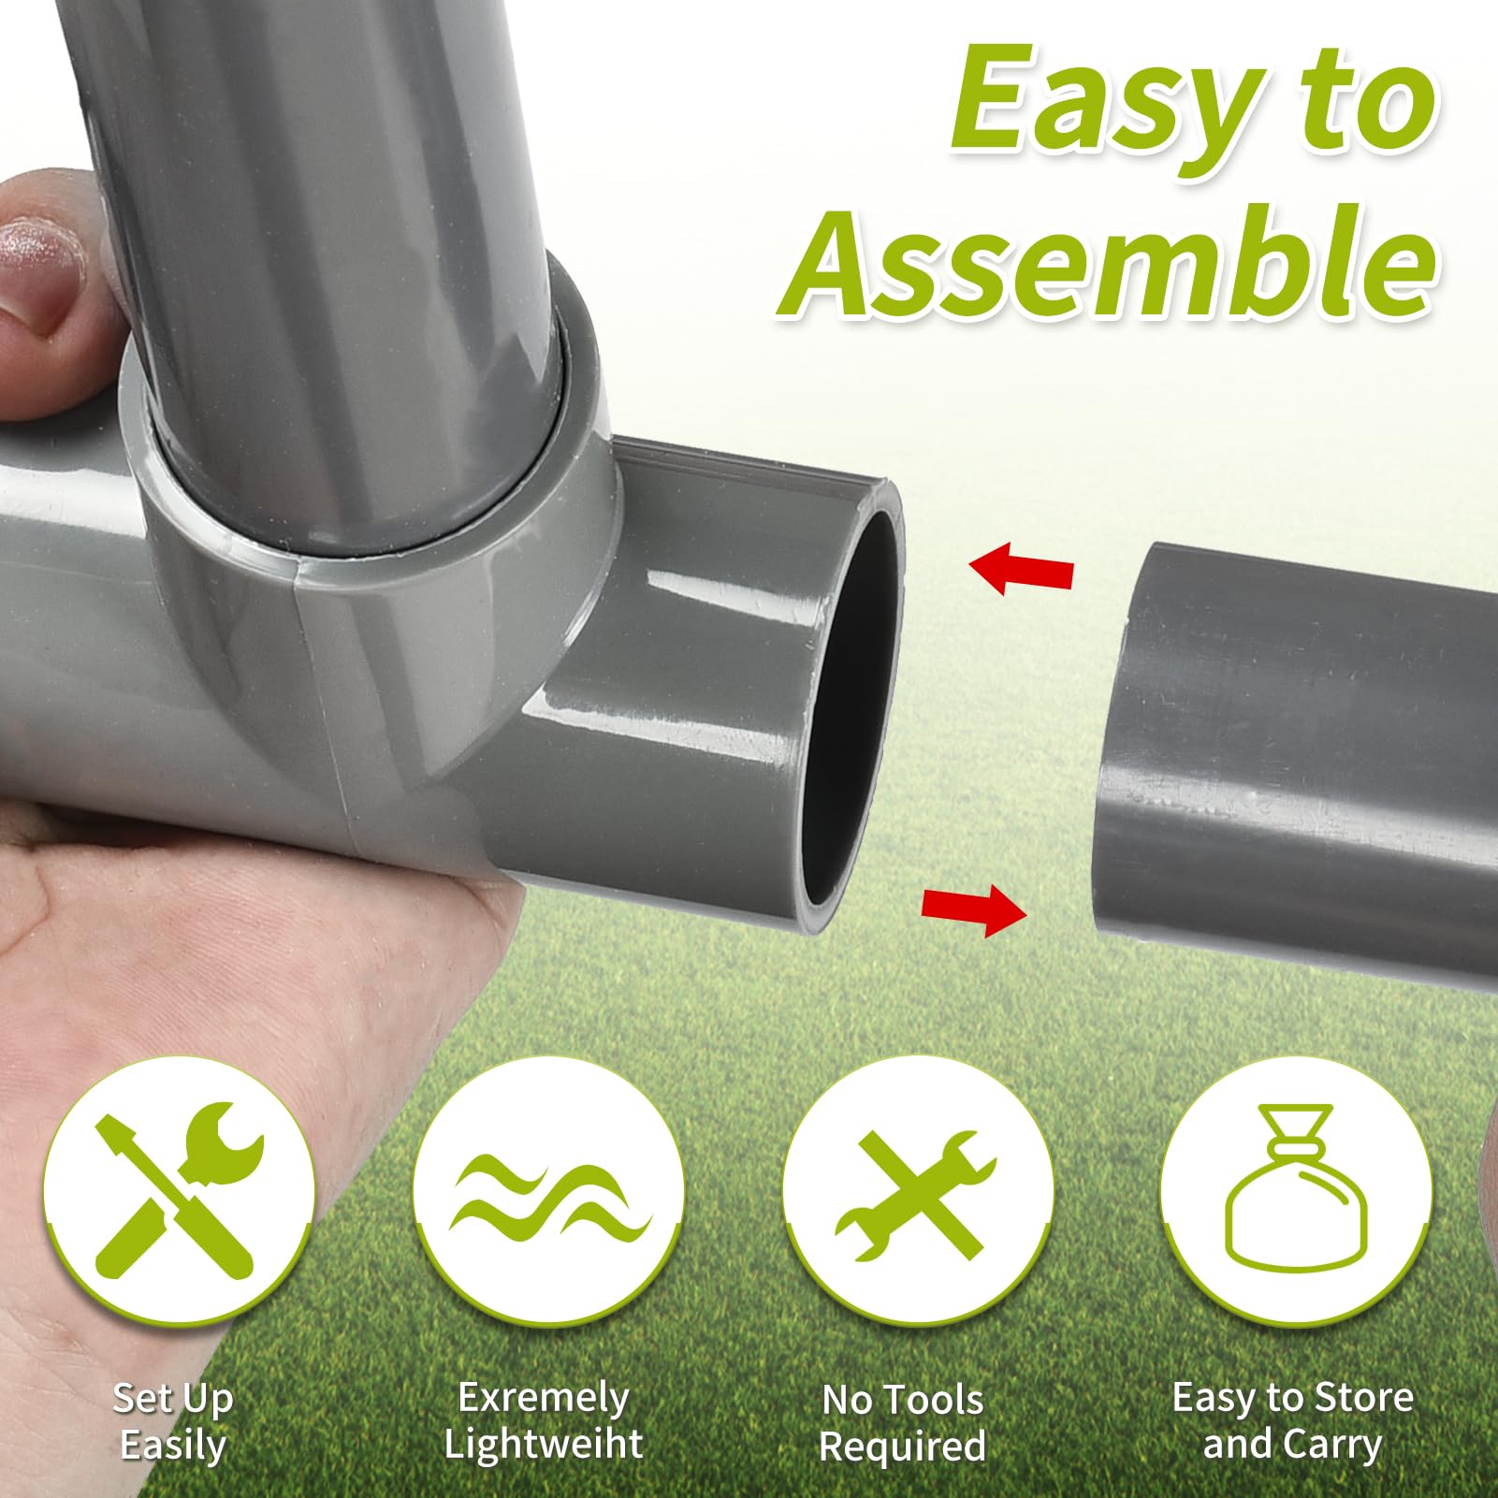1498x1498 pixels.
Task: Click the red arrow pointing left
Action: [1021, 569]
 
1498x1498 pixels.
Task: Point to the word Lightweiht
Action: [544, 1444]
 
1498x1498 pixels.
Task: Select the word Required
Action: [903, 1447]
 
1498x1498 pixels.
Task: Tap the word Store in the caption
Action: [1366, 1398]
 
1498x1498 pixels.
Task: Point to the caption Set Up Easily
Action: [173, 1422]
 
